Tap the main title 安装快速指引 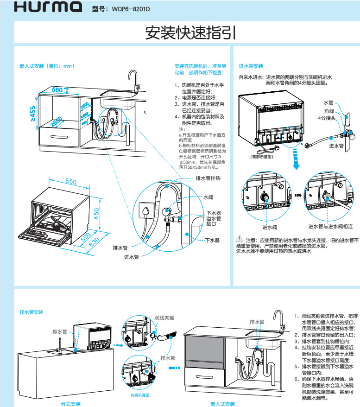[x=190, y=32]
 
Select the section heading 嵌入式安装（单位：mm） [x=47, y=66]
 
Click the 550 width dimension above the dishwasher [x=70, y=182]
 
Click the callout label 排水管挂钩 [x=208, y=178]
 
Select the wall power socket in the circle [x=146, y=211]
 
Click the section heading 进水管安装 [x=251, y=66]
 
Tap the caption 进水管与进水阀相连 [x=330, y=227]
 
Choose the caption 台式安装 [x=71, y=404]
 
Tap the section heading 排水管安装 [x=32, y=312]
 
